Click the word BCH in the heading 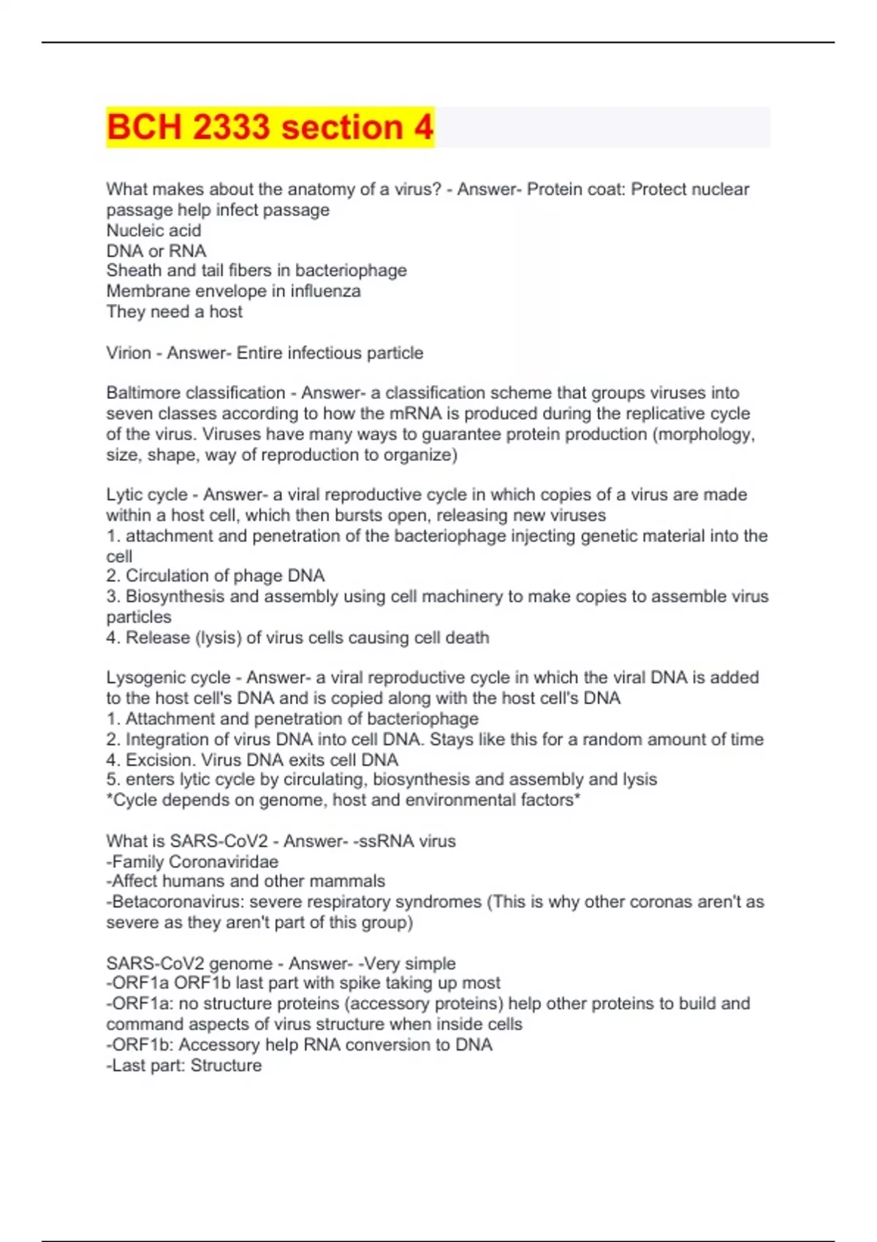(144, 127)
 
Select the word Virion (129, 353)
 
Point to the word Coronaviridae (224, 861)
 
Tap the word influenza (325, 292)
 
